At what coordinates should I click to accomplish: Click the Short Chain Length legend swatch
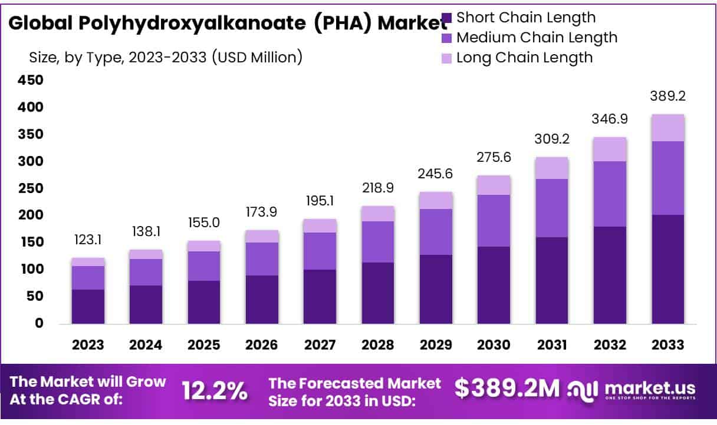coord(447,18)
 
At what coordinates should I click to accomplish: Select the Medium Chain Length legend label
coord(537,38)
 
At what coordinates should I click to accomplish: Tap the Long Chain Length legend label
coord(524,58)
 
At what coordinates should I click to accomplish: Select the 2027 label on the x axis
coord(320,345)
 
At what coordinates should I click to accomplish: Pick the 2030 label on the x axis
coord(494,345)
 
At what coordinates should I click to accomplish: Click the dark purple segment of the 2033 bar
coord(667,269)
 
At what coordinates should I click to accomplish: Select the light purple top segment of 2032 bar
coord(610,150)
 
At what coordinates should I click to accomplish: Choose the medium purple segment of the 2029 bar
coord(436,232)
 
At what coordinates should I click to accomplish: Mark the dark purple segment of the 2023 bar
coord(88,306)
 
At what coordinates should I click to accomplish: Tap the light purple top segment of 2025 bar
coord(203,246)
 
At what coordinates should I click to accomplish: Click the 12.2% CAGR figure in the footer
coord(214,391)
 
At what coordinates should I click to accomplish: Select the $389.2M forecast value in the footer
coord(506,388)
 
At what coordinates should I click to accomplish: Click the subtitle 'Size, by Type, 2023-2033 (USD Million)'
coord(166,57)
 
